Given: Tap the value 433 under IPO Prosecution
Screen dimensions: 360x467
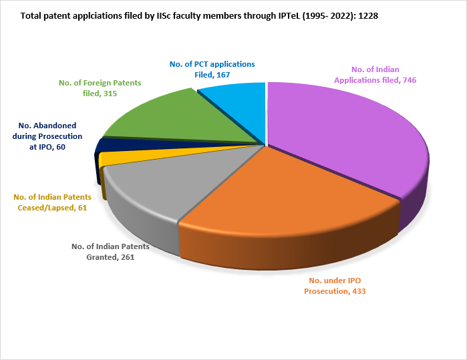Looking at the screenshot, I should tap(355, 291).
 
